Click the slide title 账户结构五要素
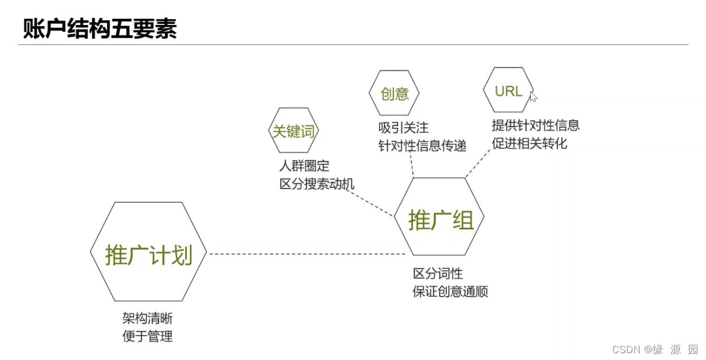coord(100,29)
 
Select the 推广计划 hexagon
coord(148,252)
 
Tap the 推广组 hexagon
coord(440,217)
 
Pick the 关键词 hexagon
coord(293,131)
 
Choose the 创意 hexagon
coord(394,93)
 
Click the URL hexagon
coord(508,91)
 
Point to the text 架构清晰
coord(147,318)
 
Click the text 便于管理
coord(147,336)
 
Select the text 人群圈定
coord(304,166)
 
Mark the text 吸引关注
coord(403,128)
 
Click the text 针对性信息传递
coord(422,146)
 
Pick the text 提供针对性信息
coord(535,125)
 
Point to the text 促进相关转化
coord(529,143)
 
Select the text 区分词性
coord(437,274)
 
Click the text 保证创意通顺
coord(450,292)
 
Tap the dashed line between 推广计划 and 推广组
coord(307,254)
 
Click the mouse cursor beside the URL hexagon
coord(533,97)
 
